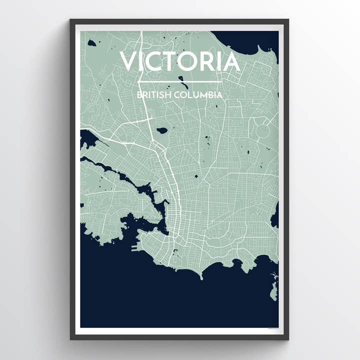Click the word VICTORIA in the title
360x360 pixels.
pos(179,61)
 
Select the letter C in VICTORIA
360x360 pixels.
pos(155,61)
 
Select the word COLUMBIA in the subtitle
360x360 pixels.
pos(198,94)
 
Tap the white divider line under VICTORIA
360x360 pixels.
pos(179,81)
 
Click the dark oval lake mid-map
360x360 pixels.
pos(161,130)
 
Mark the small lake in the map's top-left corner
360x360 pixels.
pos(91,43)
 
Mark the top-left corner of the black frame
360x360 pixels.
pos(71,20)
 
